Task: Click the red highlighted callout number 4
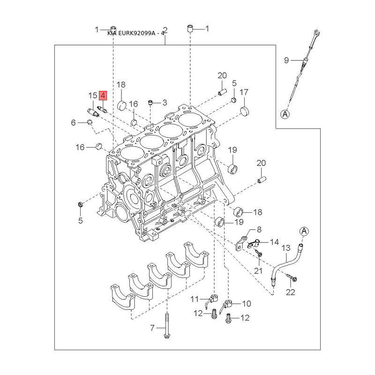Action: click(x=104, y=96)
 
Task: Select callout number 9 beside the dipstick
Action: click(x=287, y=60)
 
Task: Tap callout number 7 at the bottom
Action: click(x=152, y=328)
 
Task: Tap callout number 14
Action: click(x=274, y=242)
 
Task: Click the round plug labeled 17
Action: click(x=244, y=111)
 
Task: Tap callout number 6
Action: click(x=73, y=123)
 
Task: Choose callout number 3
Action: click(x=165, y=102)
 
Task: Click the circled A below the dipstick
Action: click(x=285, y=114)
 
